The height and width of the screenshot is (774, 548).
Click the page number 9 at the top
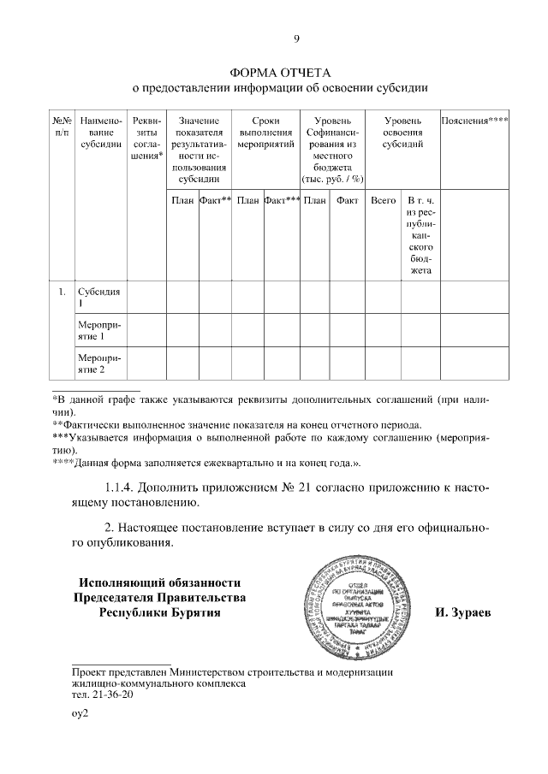point(296,38)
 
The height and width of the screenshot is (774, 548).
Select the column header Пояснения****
point(474,121)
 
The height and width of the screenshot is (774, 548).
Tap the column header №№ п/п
point(62,127)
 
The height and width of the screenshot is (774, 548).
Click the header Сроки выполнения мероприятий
point(266,133)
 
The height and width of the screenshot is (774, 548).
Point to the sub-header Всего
point(383,200)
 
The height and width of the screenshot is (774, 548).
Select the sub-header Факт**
point(215,200)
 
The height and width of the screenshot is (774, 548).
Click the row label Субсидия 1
point(98,297)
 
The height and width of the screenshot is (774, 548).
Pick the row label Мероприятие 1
point(97,331)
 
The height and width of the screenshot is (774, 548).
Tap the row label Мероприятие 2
point(97,363)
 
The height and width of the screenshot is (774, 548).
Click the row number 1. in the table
point(62,292)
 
